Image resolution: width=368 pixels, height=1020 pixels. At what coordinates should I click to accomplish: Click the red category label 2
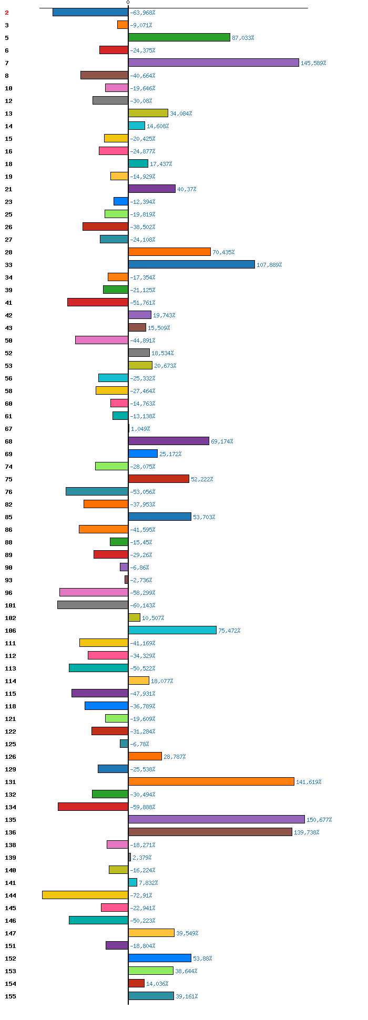pos(7,13)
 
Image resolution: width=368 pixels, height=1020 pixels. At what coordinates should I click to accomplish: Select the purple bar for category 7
pos(213,63)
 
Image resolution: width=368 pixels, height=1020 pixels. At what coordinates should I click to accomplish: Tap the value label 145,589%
pos(313,63)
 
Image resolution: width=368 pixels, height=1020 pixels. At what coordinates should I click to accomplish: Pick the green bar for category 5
pos(179,37)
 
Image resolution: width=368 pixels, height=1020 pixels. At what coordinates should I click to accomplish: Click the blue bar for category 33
pos(191,264)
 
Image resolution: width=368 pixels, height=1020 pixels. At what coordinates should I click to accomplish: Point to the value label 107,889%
pos(269,265)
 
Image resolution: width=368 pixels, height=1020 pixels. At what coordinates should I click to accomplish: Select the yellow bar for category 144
pos(85,895)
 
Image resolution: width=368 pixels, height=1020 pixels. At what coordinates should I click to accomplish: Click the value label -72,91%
pos(141,895)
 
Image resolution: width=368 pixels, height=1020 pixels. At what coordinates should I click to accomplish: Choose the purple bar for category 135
pos(217,819)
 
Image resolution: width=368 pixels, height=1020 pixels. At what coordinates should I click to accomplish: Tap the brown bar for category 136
pos(210,832)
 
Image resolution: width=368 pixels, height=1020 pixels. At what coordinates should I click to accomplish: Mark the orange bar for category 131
pos(211,781)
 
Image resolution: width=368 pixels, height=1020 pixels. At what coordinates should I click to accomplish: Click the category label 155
pos(11,996)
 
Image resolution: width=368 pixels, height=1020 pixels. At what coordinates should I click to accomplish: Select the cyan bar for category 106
pos(172,630)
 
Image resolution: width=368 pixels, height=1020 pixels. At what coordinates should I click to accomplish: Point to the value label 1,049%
pos(140,429)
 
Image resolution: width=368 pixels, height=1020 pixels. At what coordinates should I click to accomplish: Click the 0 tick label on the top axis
pos(128,3)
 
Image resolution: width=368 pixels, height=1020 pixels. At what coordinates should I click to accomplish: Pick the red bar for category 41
pos(98,302)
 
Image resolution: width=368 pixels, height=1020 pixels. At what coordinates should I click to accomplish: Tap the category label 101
pos(11,605)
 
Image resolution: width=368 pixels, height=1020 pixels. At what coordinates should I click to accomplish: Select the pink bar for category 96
pos(94,592)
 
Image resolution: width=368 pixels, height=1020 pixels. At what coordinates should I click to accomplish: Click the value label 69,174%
pos(222,441)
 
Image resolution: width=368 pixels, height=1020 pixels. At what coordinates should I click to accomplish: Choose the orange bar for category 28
pos(169,252)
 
